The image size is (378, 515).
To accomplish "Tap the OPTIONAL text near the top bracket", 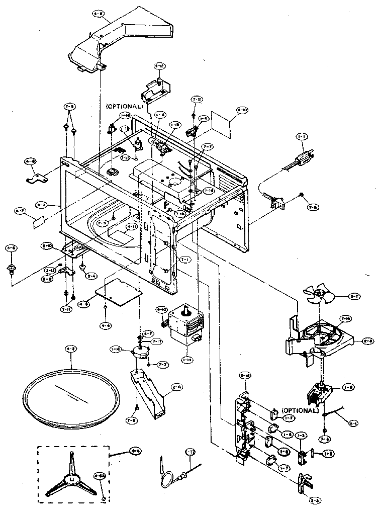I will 124,106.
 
